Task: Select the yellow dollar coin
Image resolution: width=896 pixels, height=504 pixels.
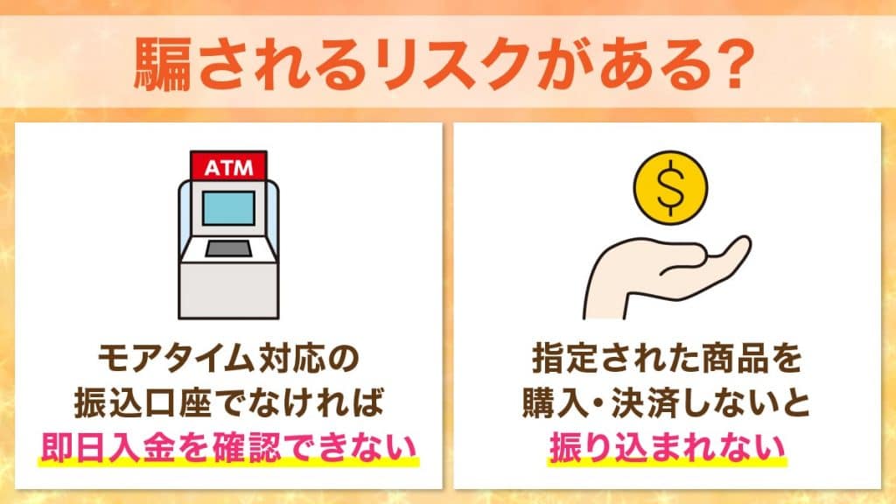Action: (x=670, y=186)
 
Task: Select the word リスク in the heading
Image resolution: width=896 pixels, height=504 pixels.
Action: (x=453, y=66)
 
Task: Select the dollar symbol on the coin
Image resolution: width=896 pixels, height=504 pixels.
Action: (x=670, y=186)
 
